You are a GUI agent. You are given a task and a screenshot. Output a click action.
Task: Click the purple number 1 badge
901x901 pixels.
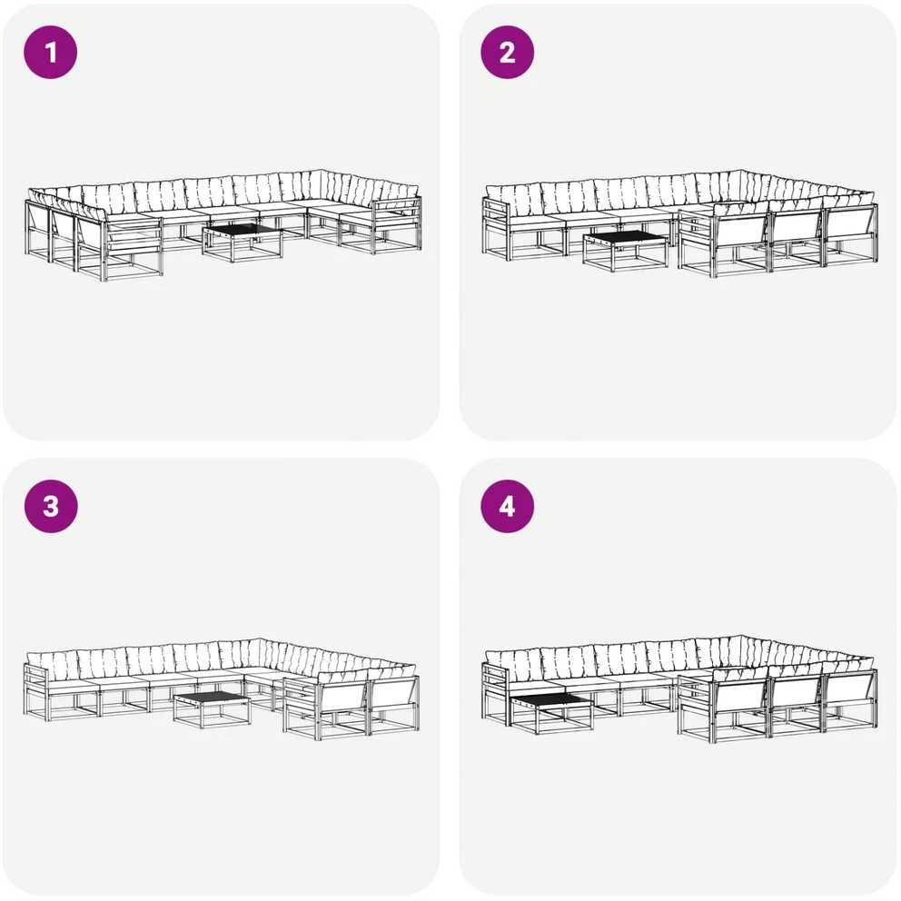[x=51, y=52]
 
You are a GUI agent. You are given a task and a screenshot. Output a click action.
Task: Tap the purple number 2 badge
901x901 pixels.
[x=508, y=52]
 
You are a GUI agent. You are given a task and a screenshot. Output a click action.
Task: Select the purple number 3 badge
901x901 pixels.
[x=51, y=506]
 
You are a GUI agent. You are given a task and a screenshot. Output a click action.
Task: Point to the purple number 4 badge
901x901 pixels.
[x=508, y=506]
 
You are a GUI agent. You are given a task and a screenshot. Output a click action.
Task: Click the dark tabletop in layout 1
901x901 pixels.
[x=242, y=231]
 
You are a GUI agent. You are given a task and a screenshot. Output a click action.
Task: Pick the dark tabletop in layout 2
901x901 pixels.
[x=625, y=238]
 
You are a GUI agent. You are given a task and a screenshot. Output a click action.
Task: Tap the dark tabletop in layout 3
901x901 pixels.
[x=212, y=698]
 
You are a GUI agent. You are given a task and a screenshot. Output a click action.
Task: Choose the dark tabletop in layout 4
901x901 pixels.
[x=550, y=700]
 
